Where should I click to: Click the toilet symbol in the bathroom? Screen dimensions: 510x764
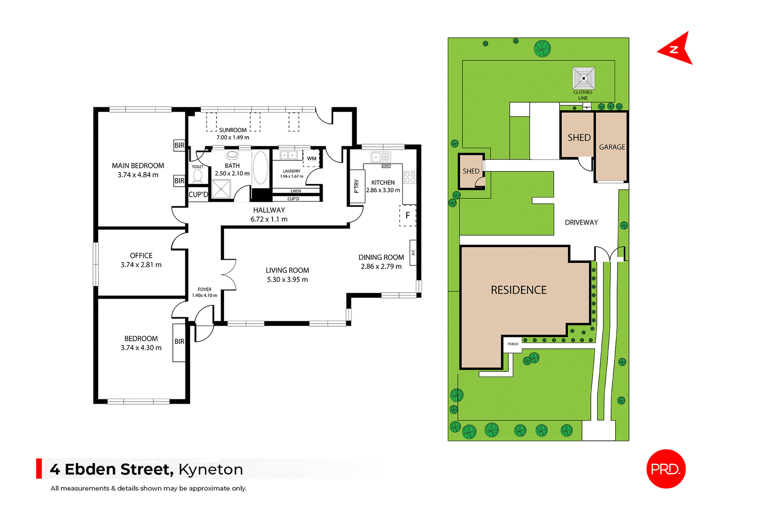[x=197, y=176]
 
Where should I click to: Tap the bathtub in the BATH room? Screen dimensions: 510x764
[x=261, y=167]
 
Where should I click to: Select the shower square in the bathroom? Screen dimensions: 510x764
[x=221, y=189]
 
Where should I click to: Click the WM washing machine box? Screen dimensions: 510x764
[x=311, y=158]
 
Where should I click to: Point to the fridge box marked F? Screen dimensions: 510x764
[x=407, y=215]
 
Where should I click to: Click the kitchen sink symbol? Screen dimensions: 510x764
[x=380, y=157]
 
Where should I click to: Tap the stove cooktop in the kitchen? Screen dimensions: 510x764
[x=409, y=178]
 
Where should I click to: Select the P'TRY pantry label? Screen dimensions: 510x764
[x=357, y=186]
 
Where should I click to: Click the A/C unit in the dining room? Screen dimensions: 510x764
[x=413, y=252]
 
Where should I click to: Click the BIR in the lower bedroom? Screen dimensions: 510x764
[x=179, y=342]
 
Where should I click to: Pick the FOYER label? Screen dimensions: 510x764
[x=205, y=289]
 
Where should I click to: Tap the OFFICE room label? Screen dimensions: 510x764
[x=141, y=256]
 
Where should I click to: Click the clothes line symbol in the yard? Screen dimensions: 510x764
[x=583, y=78]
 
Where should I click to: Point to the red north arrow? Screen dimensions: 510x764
[x=677, y=49]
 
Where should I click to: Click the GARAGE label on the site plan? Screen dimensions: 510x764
[x=612, y=147]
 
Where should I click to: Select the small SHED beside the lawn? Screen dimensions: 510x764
[x=471, y=171]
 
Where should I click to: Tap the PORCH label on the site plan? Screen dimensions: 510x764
[x=513, y=344]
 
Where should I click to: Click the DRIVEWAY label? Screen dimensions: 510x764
[x=581, y=223]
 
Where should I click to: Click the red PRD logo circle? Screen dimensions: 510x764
[x=666, y=469]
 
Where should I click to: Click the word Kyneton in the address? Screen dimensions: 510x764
[x=210, y=469]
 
